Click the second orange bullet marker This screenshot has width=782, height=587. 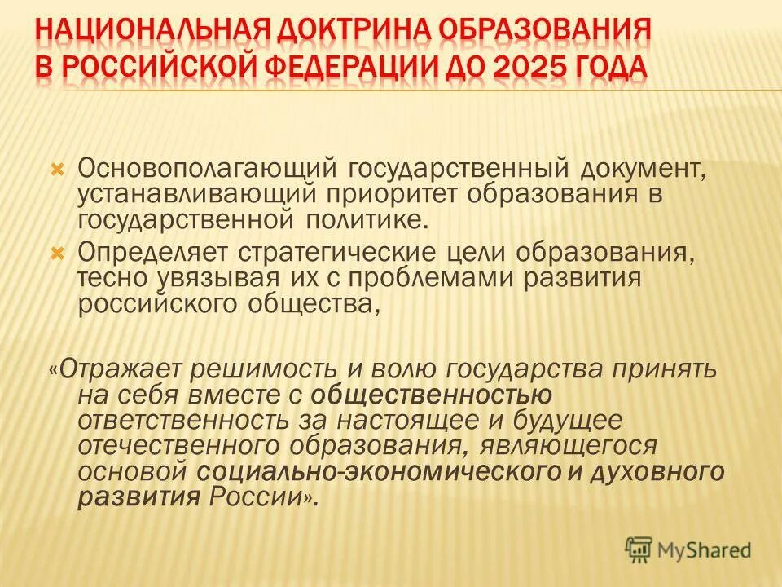click(56, 254)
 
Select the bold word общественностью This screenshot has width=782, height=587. click(432, 396)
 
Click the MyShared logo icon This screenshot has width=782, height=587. click(639, 549)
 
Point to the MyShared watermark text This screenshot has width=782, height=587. click(705, 550)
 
